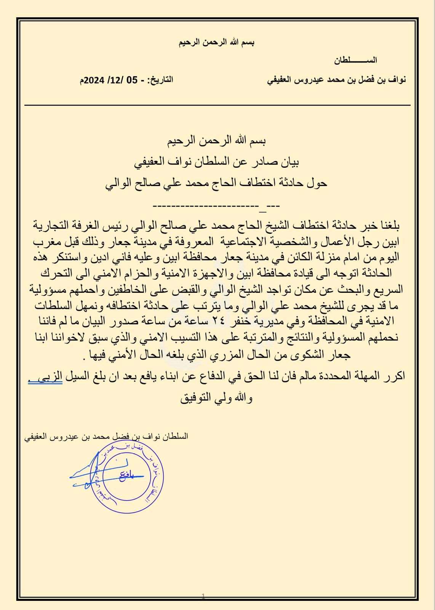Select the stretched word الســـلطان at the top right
pos(355,60)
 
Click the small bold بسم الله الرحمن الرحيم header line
pos(217,42)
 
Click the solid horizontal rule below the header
pos(217,105)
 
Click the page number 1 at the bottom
pos(203,596)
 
